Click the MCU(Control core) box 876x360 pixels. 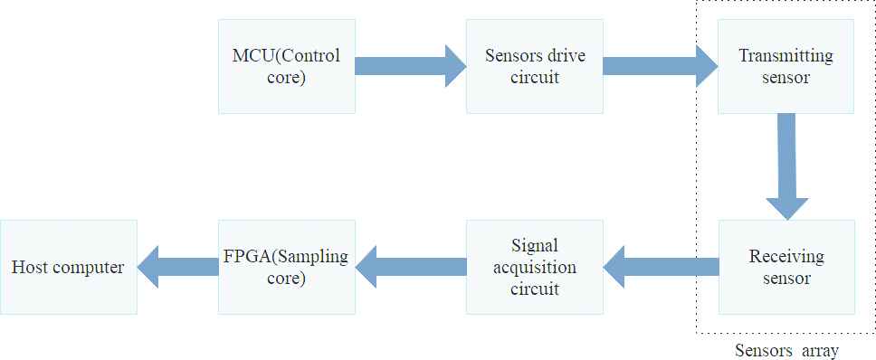[287, 66]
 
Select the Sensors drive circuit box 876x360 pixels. [535, 66]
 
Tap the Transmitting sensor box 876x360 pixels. [786, 66]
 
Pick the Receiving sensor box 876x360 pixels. [786, 267]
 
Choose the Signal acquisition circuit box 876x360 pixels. [535, 267]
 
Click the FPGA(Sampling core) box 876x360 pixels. [287, 267]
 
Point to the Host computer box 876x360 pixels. [68, 267]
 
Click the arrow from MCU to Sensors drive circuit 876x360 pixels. [411, 66]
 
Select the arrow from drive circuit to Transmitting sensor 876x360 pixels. [661, 66]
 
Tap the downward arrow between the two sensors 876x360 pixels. [786, 166]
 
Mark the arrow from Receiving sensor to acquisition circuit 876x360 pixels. [661, 267]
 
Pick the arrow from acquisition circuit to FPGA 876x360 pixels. [411, 267]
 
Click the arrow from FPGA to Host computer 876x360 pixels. [177, 267]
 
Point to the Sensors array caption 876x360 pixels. [786, 351]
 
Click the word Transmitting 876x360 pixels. [786, 56]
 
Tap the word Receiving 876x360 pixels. [786, 257]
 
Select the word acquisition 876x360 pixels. [535, 268]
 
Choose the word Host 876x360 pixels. [29, 267]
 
